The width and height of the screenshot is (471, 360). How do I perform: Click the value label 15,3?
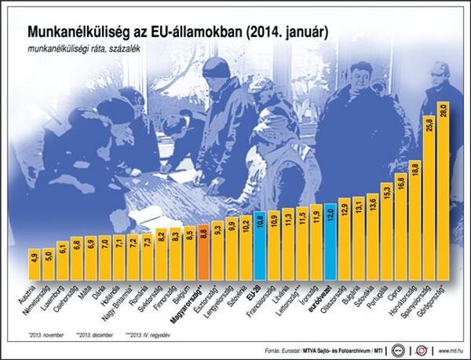pyautogui.click(x=386, y=190)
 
